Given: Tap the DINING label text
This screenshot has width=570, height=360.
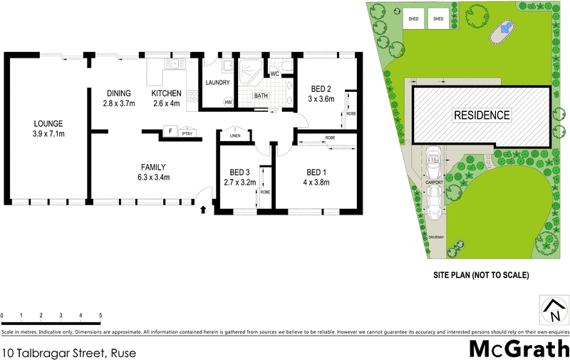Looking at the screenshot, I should [119, 93].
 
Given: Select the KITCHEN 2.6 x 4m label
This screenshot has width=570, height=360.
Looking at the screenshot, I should [167, 93].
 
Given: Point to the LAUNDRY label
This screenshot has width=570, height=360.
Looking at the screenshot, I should [217, 83].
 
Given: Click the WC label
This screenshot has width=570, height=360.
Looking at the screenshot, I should [274, 73].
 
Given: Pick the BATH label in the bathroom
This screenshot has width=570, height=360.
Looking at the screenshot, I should [261, 96].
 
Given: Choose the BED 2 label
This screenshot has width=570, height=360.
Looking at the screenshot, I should [321, 89].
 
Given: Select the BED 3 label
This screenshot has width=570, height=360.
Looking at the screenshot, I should [239, 173].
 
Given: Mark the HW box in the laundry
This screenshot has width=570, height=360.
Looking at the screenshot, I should [229, 103].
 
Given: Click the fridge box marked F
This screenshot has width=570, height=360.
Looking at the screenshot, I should [170, 130].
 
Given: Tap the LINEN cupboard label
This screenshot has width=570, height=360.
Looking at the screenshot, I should [235, 135].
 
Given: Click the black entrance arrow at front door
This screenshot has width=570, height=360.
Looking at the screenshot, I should [203, 210].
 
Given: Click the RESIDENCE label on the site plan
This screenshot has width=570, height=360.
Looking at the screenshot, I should [482, 115].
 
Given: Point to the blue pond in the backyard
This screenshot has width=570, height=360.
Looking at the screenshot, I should [505, 29].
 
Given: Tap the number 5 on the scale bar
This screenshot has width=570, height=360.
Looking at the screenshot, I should [100, 314].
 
